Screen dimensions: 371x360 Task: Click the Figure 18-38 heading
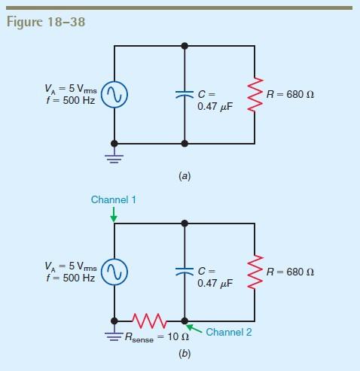pyautogui.click(x=46, y=21)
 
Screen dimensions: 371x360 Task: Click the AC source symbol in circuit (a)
pyautogui.click(x=114, y=94)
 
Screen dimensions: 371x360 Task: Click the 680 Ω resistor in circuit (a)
pyautogui.click(x=255, y=93)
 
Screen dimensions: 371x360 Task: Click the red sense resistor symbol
pyautogui.click(x=149, y=321)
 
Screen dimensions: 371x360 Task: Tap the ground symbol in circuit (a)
pyautogui.click(x=114, y=157)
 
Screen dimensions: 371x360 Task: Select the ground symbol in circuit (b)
pyautogui.click(x=114, y=334)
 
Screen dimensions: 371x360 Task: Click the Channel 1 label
pyautogui.click(x=113, y=200)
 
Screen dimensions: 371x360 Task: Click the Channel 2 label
pyautogui.click(x=228, y=332)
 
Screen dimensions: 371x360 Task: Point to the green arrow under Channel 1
pyautogui.click(x=114, y=216)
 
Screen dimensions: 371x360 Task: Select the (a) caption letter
pyautogui.click(x=185, y=176)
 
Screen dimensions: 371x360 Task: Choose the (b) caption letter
pyautogui.click(x=185, y=353)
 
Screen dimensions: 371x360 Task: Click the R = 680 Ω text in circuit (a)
pyautogui.click(x=290, y=94)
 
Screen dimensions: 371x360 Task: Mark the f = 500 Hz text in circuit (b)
pyautogui.click(x=69, y=278)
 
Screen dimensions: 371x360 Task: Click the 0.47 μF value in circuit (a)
pyautogui.click(x=215, y=107)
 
